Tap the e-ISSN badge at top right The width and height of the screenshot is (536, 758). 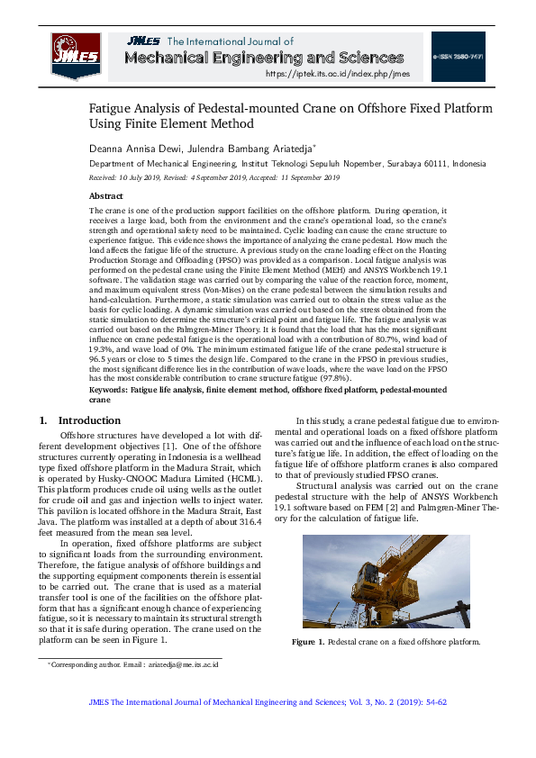point(458,56)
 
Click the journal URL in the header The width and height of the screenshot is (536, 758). point(338,75)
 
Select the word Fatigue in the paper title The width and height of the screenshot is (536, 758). point(111,108)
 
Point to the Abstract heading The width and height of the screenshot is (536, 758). point(105,195)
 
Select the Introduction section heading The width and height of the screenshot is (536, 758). point(89,420)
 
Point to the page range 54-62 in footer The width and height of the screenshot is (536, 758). point(432,701)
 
